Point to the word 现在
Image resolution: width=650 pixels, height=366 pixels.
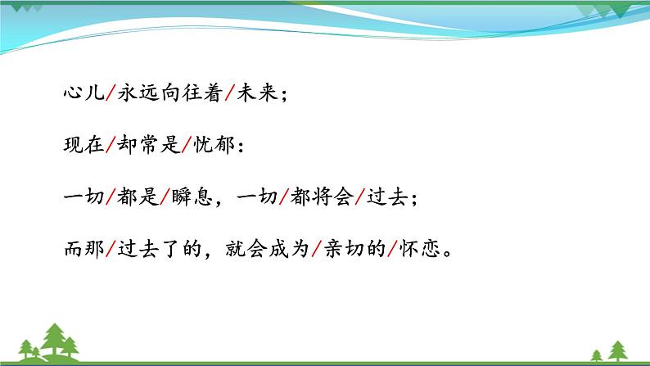pos(82,146)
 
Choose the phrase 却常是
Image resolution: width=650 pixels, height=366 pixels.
pos(151,146)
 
